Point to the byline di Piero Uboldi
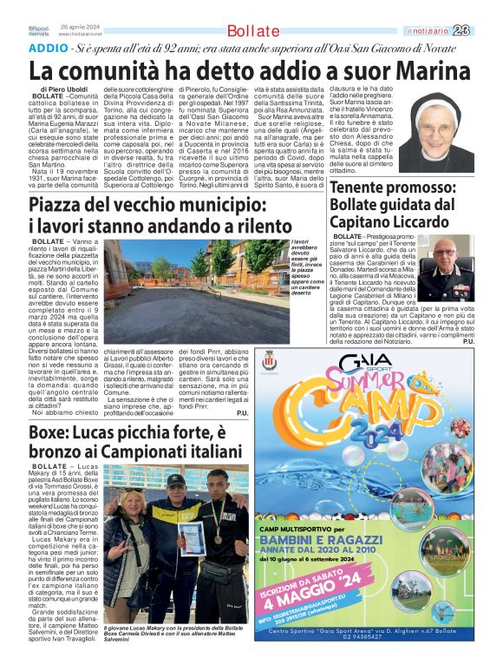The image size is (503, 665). (x=62, y=90)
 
